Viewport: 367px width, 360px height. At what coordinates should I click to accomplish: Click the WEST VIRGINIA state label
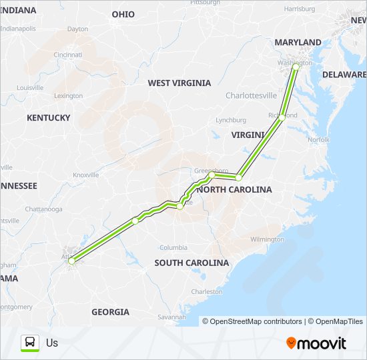pyautogui.click(x=179, y=83)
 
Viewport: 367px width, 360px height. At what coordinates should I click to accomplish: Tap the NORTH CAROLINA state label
pyautogui.click(x=234, y=190)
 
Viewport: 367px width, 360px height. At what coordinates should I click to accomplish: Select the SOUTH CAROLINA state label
pyautogui.click(x=192, y=263)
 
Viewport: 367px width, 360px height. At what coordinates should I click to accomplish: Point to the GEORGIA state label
pyautogui.click(x=110, y=312)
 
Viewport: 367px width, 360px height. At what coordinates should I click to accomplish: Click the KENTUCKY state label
pyautogui.click(x=48, y=118)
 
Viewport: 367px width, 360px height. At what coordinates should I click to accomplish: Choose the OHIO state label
pyautogui.click(x=123, y=15)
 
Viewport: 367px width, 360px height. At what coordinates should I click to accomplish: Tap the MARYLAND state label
pyautogui.click(x=298, y=43)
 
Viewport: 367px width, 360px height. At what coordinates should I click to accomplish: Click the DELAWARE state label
pyautogui.click(x=344, y=75)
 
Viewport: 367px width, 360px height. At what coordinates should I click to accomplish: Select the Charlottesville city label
pyautogui.click(x=251, y=96)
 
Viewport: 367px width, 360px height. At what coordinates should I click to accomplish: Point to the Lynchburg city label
pyautogui.click(x=231, y=121)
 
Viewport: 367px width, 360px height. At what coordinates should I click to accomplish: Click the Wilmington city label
pyautogui.click(x=267, y=239)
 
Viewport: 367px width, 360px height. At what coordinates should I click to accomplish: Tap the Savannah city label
pyautogui.click(x=172, y=317)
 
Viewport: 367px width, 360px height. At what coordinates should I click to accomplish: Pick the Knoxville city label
pyautogui.click(x=85, y=175)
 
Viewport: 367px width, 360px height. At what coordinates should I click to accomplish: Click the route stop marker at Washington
pyautogui.click(x=296, y=67)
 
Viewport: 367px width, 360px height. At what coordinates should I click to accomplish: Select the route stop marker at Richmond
pyautogui.click(x=283, y=117)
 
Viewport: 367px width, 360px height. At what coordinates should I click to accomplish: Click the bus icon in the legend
pyautogui.click(x=31, y=343)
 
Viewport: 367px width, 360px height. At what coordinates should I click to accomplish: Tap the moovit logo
pyautogui.click(x=316, y=343)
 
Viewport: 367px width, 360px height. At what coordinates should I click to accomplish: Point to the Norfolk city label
pyautogui.click(x=318, y=140)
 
